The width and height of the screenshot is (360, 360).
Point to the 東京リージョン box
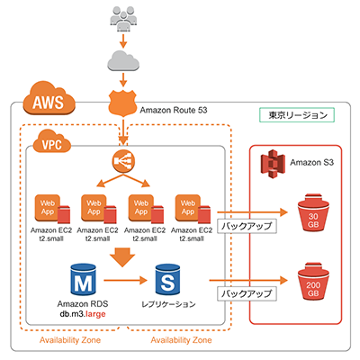[x=296, y=116]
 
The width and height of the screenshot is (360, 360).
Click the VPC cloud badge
[x=52, y=143]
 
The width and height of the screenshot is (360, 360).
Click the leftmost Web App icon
[x=49, y=209]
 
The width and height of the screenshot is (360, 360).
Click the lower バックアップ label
[x=243, y=293]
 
